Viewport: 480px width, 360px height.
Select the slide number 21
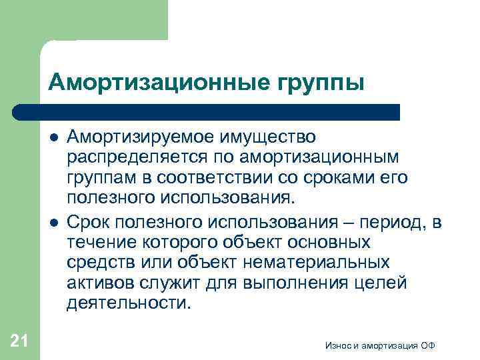pos(19,341)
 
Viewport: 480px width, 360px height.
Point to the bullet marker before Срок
pos(53,222)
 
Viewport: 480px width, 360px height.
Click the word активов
pos(102,283)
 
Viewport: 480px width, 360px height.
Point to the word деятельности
pos(128,303)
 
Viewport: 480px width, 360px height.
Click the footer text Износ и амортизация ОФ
pos(381,345)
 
